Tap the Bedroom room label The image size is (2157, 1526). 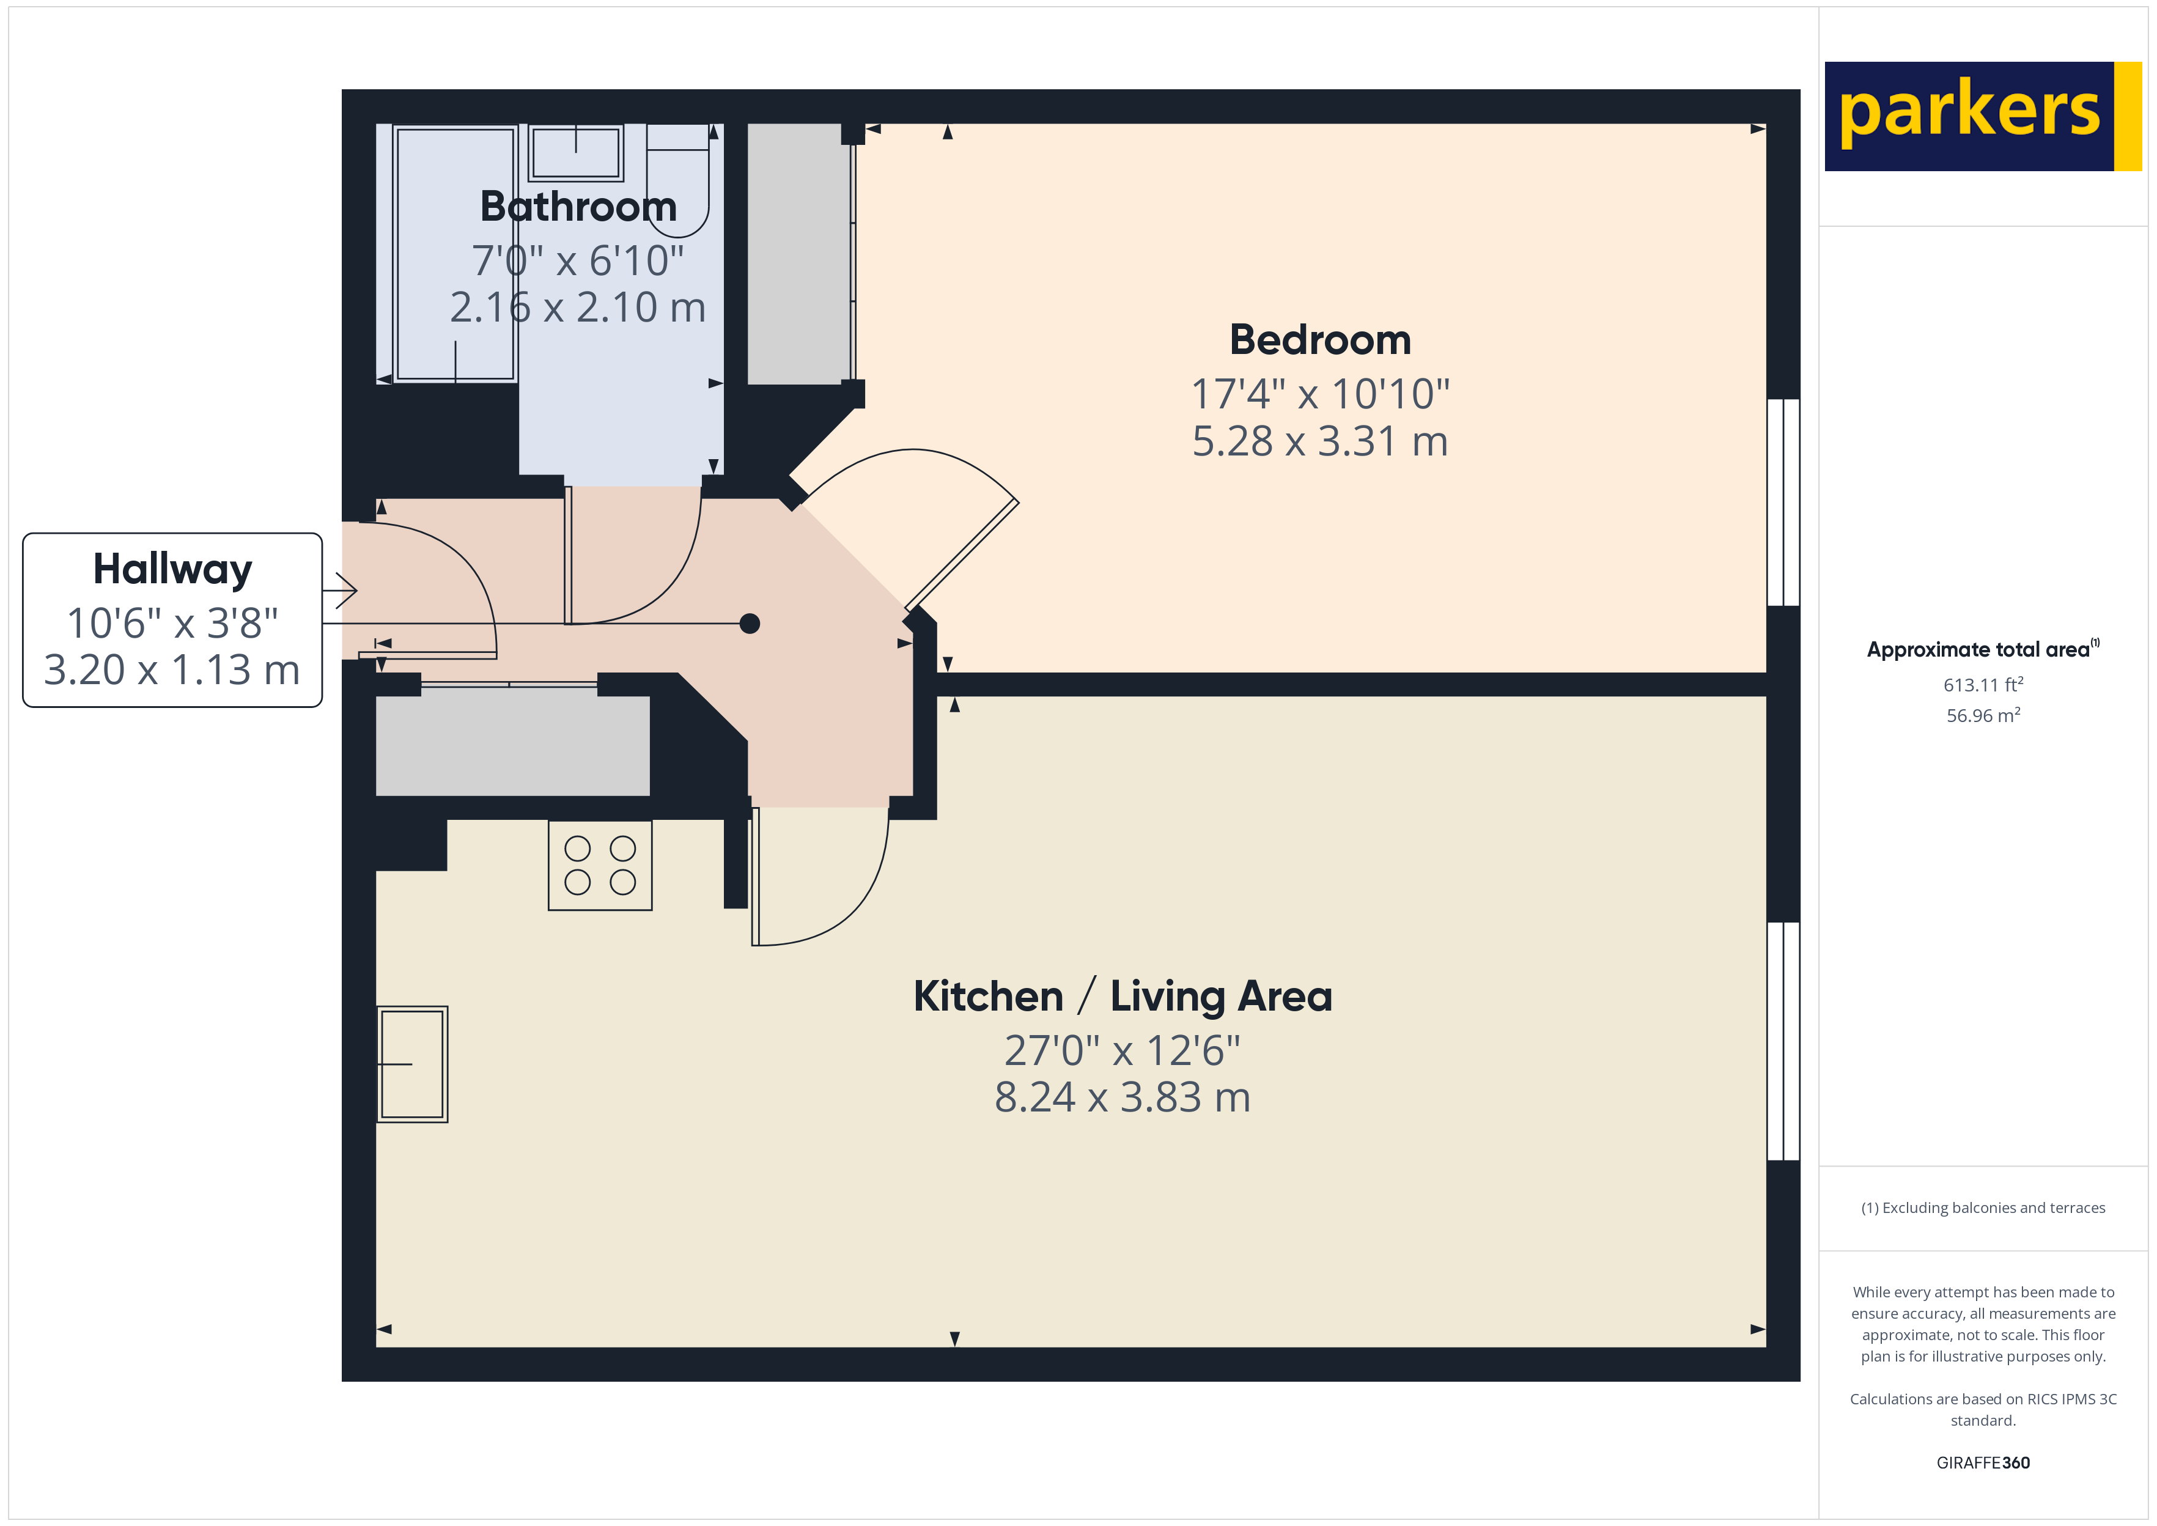coord(1320,340)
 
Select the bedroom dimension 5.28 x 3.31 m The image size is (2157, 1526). coord(1320,441)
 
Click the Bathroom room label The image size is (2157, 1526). coord(578,207)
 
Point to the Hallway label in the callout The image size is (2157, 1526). coord(173,569)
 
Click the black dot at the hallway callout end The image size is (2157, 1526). coord(750,623)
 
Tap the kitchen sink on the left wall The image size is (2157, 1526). coord(413,1064)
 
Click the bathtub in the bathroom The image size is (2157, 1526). coord(455,254)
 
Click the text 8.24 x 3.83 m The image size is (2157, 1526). coord(1123,1097)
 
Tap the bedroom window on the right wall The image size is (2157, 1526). coord(1783,502)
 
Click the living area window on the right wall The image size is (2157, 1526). coord(1783,1041)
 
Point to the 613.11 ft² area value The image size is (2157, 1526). coord(1982,685)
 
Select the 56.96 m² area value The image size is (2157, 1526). coord(1982,716)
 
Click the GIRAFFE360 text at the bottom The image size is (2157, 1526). coord(1982,1463)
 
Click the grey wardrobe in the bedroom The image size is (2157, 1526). coord(795,254)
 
